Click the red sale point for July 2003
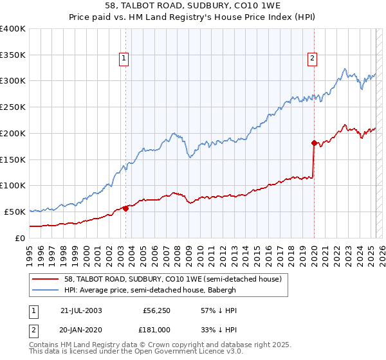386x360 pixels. [126, 208]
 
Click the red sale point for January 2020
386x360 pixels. [314, 143]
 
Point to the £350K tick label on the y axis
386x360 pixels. [13, 55]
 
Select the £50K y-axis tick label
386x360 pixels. [15, 212]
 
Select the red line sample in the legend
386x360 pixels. [46, 279]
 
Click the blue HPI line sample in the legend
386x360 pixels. [46, 290]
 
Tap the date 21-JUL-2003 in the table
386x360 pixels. [80, 310]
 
